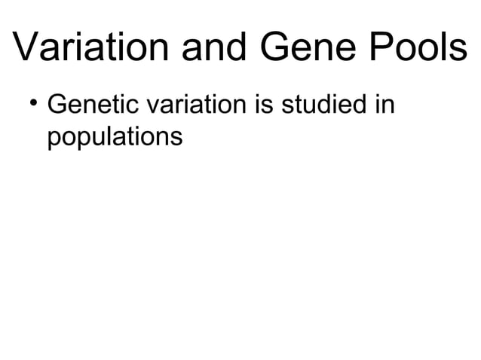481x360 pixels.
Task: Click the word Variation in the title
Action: (x=90, y=51)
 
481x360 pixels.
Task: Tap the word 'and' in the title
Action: (x=213, y=51)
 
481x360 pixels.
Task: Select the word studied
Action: (x=322, y=105)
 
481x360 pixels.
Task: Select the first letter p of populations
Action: (x=54, y=140)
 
